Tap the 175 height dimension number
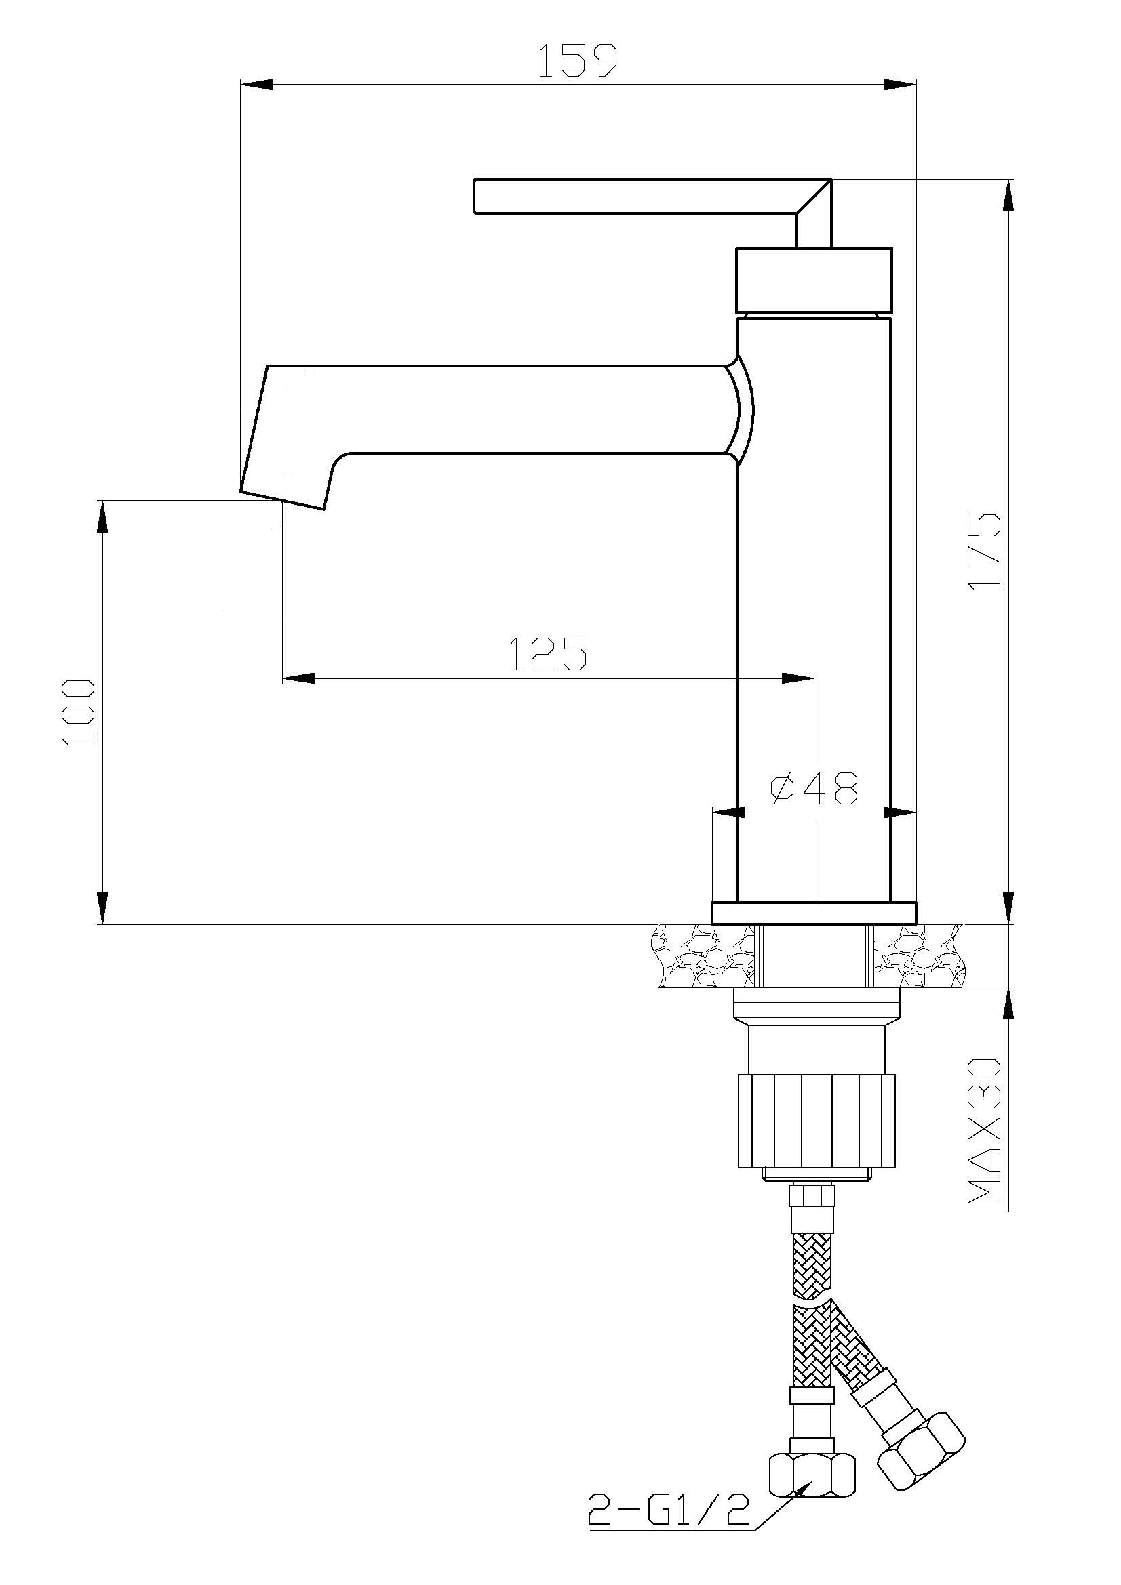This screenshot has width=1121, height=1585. coord(984,552)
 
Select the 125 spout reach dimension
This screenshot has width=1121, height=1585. coord(548,654)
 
